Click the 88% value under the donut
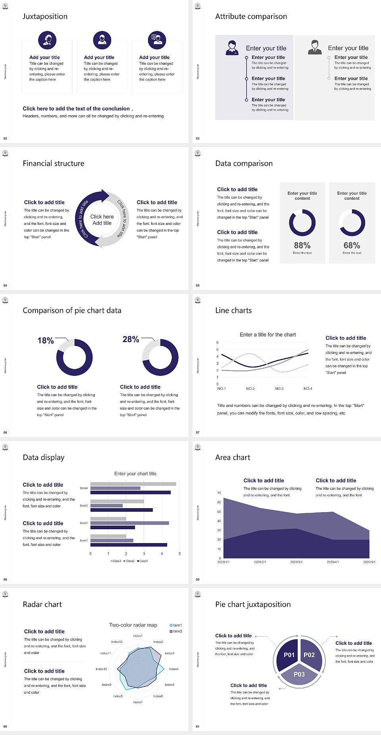[302, 246]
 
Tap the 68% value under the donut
[352, 246]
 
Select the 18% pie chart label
[46, 340]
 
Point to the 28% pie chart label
[131, 339]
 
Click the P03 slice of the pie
[299, 674]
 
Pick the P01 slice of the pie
[289, 655]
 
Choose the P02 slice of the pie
[309, 655]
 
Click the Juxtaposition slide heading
[45, 16]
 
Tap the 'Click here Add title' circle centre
[102, 220]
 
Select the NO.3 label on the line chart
[279, 389]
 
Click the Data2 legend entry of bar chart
[129, 561]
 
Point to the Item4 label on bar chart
[84, 488]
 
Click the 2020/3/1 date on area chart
[296, 562]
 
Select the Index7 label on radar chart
[138, 702]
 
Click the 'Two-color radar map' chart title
[133, 625]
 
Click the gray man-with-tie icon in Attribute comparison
[315, 47]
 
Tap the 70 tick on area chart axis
[219, 493]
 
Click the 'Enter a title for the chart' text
[268, 335]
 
